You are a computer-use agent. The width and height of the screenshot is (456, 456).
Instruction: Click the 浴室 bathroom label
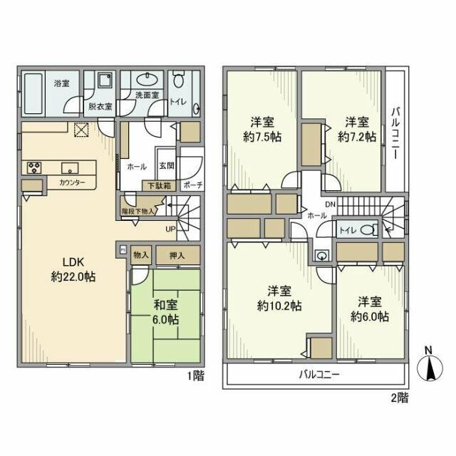[x=61, y=83]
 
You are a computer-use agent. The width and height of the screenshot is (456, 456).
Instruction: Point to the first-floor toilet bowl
[x=179, y=78]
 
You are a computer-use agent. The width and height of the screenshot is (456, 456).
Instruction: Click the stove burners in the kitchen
[x=34, y=168]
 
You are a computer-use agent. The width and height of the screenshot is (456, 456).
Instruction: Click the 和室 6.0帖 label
[x=166, y=311]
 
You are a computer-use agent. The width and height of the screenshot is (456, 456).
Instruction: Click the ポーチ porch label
[x=192, y=185]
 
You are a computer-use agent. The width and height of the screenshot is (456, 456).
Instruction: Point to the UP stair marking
[x=170, y=229]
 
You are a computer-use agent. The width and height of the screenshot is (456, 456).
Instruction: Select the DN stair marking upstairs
[x=330, y=204]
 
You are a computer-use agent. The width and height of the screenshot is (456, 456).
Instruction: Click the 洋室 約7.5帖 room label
[x=261, y=129]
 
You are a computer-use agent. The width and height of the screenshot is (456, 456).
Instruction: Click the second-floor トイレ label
[x=346, y=229]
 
